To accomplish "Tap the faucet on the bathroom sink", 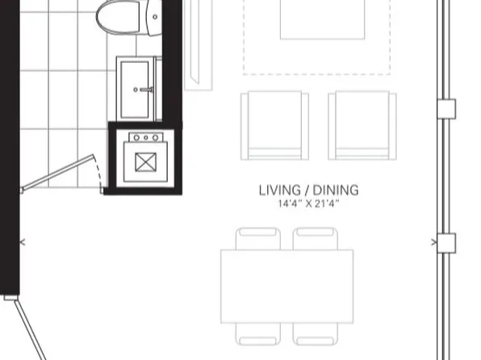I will pyautogui.click(x=145, y=89).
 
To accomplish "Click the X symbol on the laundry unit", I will pyautogui.click(x=145, y=162).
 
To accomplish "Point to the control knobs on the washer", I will pyautogui.click(x=145, y=138).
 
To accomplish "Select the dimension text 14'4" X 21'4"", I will pyautogui.click(x=308, y=204).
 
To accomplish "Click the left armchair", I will pyautogui.click(x=274, y=125).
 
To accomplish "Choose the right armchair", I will pyautogui.click(x=362, y=125).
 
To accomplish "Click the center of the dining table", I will pyautogui.click(x=287, y=287).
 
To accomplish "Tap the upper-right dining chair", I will pyautogui.click(x=316, y=239).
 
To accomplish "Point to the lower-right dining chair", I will pyautogui.click(x=316, y=341).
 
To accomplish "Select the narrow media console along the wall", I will pyautogui.click(x=196, y=44).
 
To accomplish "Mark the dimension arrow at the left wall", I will pyautogui.click(x=22, y=241).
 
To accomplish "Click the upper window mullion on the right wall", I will pyautogui.click(x=445, y=108).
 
